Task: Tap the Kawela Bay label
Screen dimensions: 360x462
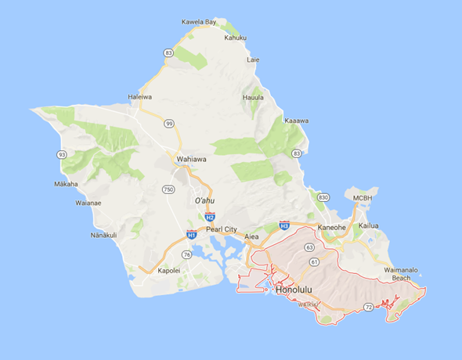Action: [198, 22]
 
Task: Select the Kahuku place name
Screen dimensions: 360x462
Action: [236, 38]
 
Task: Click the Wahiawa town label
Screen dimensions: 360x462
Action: [192, 159]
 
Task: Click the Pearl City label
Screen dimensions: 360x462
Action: [221, 229]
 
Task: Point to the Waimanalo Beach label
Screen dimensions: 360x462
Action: [400, 274]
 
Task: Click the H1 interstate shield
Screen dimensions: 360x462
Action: [192, 234]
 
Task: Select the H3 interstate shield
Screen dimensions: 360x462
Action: [284, 225]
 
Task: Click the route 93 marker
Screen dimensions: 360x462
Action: [61, 154]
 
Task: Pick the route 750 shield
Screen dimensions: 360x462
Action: [168, 190]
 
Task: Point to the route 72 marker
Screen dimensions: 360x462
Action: [367, 310]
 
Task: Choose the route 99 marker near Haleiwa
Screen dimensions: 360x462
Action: [169, 123]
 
